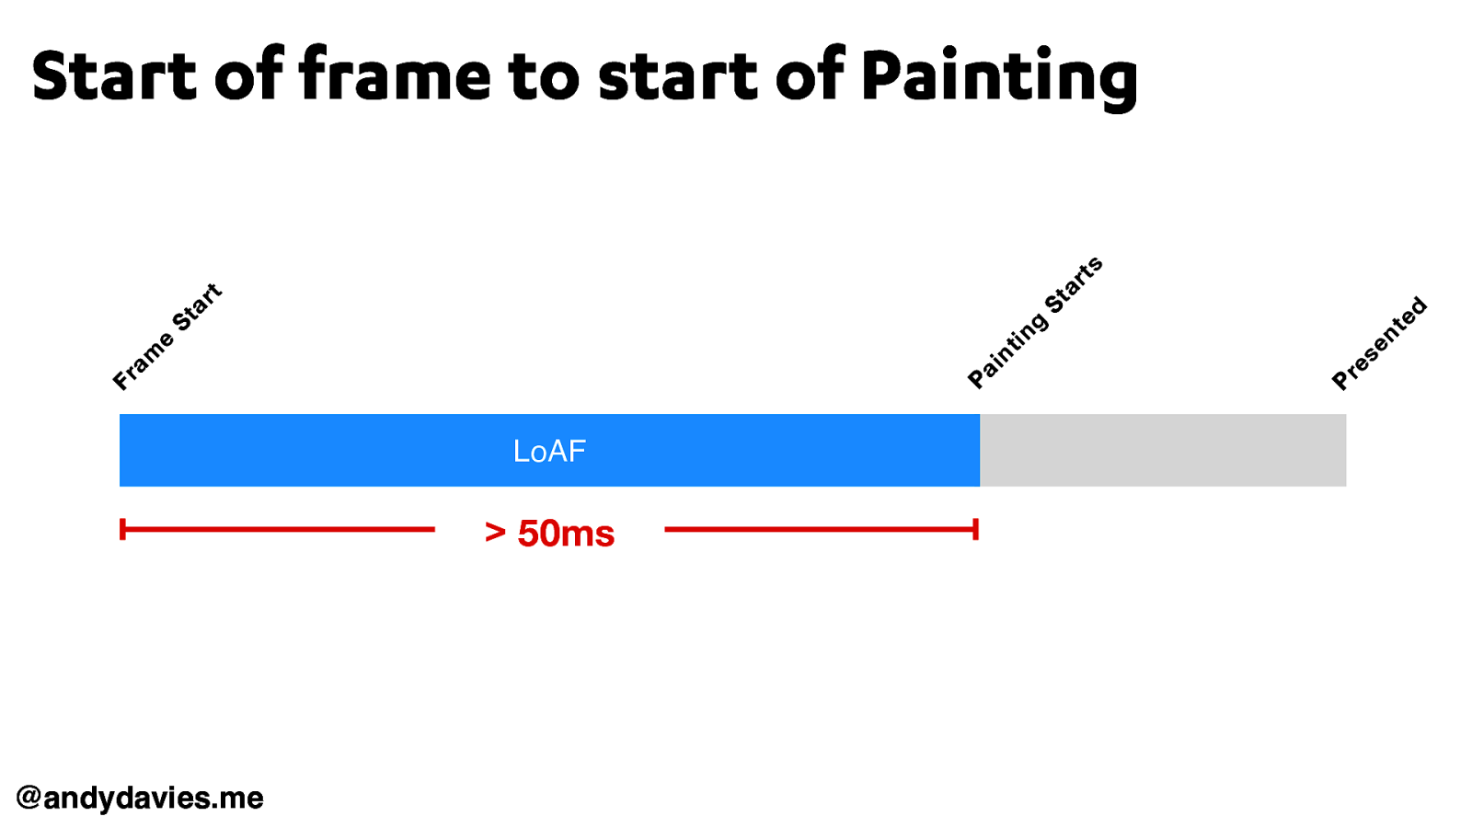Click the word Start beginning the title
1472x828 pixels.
(114, 75)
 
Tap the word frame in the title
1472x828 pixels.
(395, 75)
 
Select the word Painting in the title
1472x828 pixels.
(999, 77)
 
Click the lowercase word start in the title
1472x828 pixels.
(677, 77)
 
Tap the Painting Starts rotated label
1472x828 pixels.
(1035, 323)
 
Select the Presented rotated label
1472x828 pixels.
(1379, 343)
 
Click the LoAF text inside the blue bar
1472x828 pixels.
(549, 451)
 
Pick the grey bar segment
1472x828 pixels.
(1163, 450)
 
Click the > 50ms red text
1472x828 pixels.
(549, 534)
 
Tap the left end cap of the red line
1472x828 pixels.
(122, 529)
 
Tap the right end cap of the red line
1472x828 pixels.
(976, 529)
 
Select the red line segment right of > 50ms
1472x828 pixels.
(819, 529)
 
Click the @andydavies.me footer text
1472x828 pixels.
(140, 798)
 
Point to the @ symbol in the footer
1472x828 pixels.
(29, 798)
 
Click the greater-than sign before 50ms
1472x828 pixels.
(495, 533)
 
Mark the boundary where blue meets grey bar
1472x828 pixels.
(980, 450)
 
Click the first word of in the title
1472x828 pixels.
(249, 75)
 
